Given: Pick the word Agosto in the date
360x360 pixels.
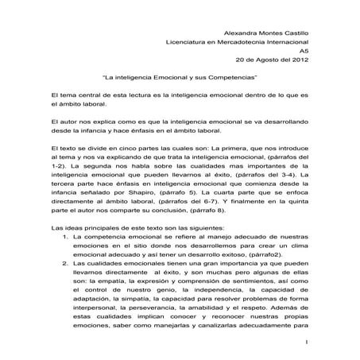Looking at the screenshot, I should (x=261, y=58).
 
